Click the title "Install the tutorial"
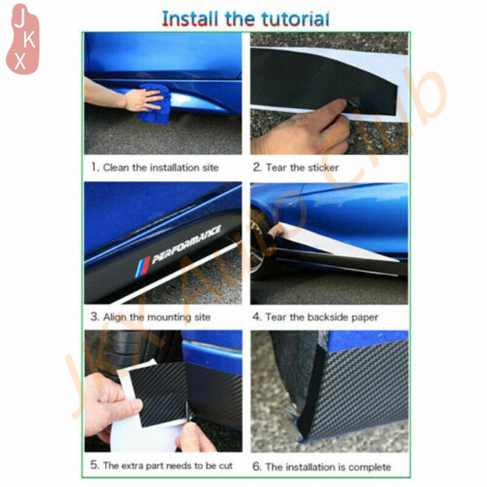pyautogui.click(x=245, y=19)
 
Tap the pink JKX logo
pyautogui.click(x=23, y=39)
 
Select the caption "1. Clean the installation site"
pyautogui.click(x=155, y=167)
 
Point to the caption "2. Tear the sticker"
pyautogui.click(x=295, y=167)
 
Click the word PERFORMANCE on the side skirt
pyautogui.click(x=186, y=244)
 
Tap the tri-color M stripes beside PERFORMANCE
pyautogui.click(x=142, y=267)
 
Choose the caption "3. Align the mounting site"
pyautogui.click(x=150, y=317)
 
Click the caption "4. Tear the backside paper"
pyautogui.click(x=315, y=317)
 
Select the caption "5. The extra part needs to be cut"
pyautogui.click(x=161, y=465)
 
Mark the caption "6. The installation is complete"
pyautogui.click(x=321, y=467)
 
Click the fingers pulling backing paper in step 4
pyautogui.click(x=275, y=231)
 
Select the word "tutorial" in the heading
pyautogui.click(x=295, y=19)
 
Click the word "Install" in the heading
pyautogui.click(x=189, y=19)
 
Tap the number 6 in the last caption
pyautogui.click(x=256, y=466)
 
